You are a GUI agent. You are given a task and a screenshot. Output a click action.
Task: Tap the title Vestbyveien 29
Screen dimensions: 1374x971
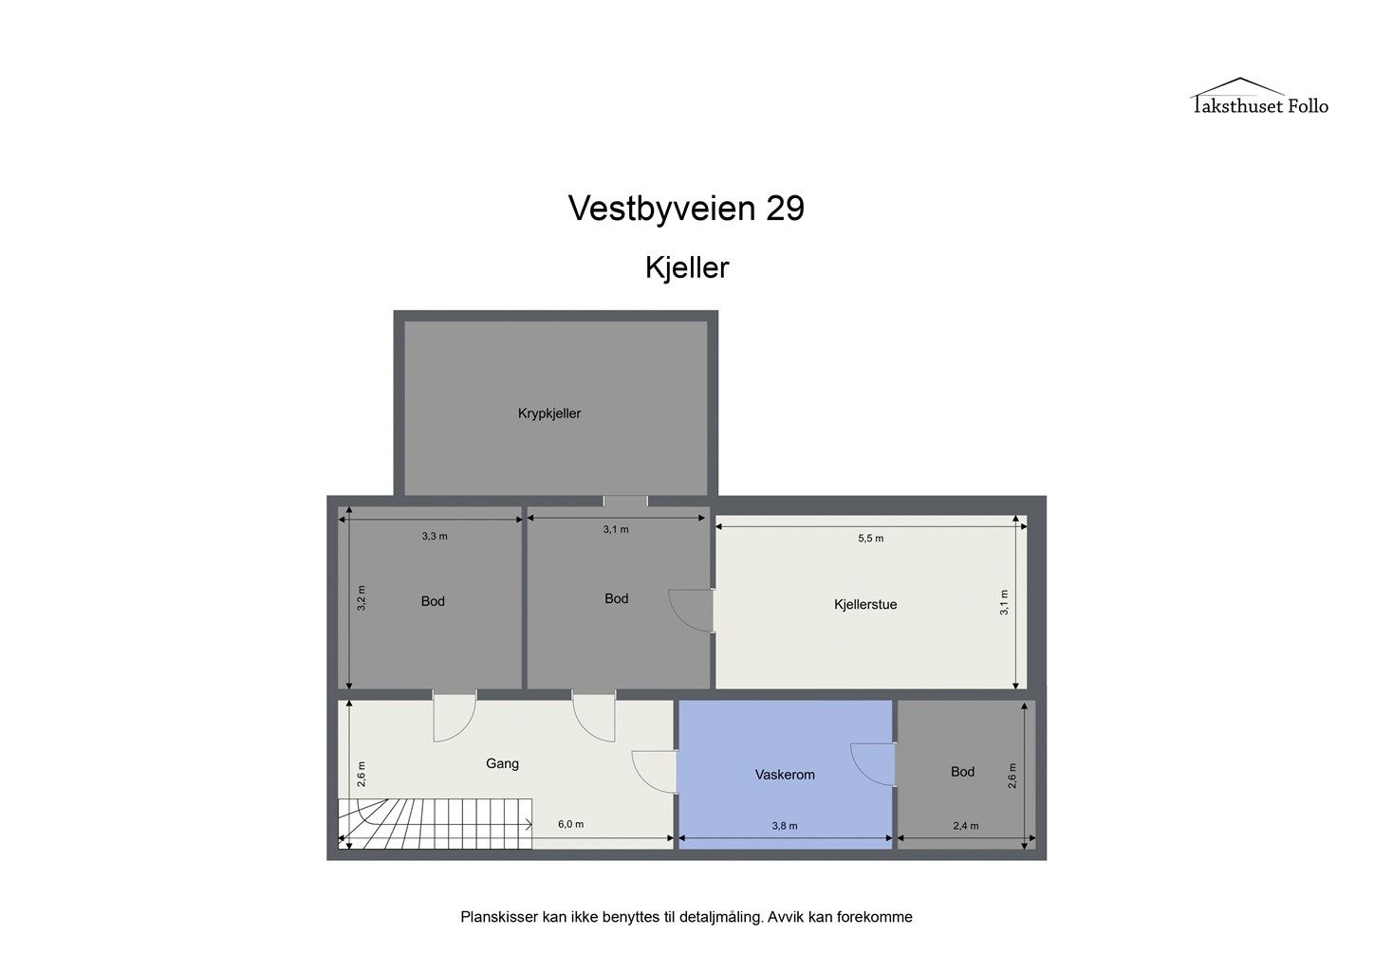coord(686,208)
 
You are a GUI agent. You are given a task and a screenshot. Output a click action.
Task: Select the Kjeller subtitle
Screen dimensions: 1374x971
coord(686,267)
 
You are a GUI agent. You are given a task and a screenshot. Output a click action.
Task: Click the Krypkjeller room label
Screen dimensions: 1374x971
coord(549,413)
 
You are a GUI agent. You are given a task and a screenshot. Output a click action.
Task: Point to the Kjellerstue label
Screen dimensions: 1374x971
coord(864,604)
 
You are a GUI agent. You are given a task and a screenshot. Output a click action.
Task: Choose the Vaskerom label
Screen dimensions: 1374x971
coord(785,774)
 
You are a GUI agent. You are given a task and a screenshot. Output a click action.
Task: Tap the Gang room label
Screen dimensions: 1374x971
coord(502,763)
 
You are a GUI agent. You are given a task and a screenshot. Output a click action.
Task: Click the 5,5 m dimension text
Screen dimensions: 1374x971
coord(870,539)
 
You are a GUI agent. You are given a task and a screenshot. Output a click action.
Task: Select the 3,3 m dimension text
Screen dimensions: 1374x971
coord(435,536)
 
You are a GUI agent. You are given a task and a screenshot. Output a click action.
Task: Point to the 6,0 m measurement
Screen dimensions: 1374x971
coord(570,824)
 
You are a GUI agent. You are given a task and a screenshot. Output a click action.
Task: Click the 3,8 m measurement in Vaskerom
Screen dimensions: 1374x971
coord(785,826)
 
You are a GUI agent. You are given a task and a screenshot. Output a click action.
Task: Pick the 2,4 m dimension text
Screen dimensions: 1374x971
coord(965,826)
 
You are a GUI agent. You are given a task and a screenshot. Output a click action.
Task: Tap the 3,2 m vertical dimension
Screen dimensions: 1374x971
coord(362,597)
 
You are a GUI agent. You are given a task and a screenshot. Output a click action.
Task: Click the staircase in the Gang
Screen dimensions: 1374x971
coord(435,823)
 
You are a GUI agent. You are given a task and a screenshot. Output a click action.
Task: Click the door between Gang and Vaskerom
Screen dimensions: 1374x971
coord(655,772)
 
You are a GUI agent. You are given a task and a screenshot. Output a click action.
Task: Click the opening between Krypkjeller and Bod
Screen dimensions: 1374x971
coord(624,501)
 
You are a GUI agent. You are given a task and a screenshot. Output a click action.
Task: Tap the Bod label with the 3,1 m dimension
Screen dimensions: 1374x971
coord(617,598)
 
